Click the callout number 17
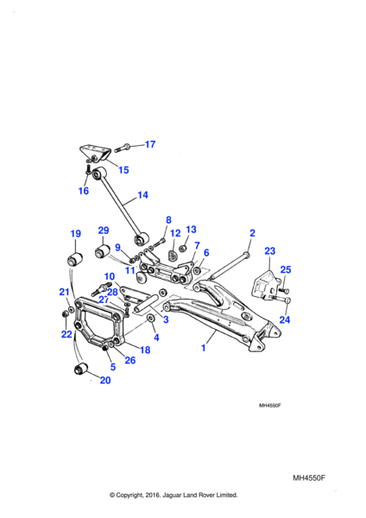[150, 144]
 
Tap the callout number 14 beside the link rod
[142, 195]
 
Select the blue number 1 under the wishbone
[204, 348]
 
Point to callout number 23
[269, 251]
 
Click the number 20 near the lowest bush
[105, 380]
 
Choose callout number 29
[104, 231]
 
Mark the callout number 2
[252, 233]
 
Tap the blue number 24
[285, 319]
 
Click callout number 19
[76, 234]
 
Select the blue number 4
[156, 337]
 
